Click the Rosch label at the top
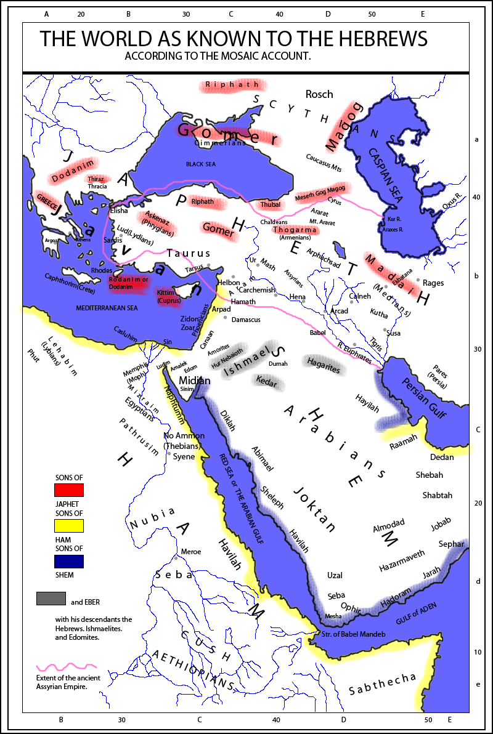[319, 94]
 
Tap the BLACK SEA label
[203, 164]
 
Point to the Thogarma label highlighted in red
[295, 230]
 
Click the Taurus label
[189, 253]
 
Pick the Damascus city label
[246, 320]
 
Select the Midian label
[194, 381]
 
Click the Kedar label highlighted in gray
[267, 382]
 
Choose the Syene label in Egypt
[184, 457]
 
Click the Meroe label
[190, 552]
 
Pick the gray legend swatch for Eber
[51, 598]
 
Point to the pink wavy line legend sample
[67, 666]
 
